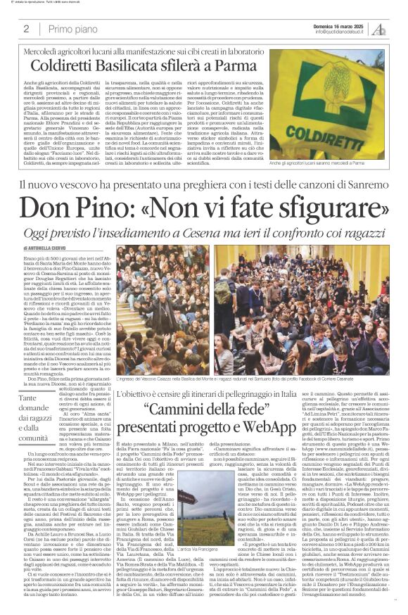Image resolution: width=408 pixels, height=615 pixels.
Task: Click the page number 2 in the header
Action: pyautogui.click(x=26, y=29)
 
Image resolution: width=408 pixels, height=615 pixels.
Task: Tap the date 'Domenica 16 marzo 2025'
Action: pyautogui.click(x=341, y=25)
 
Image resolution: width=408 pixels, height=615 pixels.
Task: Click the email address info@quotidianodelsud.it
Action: pyautogui.click(x=340, y=32)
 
